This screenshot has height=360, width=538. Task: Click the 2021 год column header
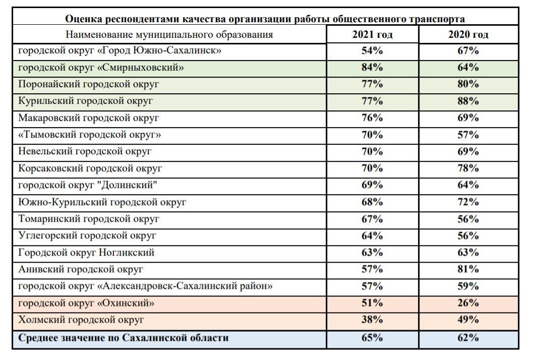click(x=372, y=35)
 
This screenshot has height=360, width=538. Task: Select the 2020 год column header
click(x=468, y=35)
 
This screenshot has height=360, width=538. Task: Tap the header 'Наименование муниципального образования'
click(x=169, y=35)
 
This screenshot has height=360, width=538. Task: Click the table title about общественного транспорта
click(x=265, y=19)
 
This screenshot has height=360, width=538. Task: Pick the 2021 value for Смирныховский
click(x=372, y=67)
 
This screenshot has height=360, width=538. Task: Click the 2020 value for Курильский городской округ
click(x=468, y=101)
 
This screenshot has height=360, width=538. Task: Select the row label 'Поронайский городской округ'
click(x=89, y=84)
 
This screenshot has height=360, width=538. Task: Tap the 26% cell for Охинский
click(x=468, y=303)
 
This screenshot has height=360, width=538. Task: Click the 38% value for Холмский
click(x=372, y=320)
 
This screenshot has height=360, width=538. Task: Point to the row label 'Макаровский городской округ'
click(x=89, y=118)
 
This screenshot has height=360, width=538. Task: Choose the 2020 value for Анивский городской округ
click(x=468, y=269)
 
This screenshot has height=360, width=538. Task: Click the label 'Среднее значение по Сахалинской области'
click(x=123, y=338)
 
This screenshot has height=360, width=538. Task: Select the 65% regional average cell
click(x=372, y=338)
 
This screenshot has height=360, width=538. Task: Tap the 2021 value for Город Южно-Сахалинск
click(x=372, y=50)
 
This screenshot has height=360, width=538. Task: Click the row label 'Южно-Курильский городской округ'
click(x=102, y=202)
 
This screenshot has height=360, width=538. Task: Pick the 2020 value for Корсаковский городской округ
click(x=468, y=168)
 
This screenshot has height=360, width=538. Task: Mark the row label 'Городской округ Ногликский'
click(x=86, y=253)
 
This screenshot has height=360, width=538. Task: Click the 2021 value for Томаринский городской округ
click(x=372, y=219)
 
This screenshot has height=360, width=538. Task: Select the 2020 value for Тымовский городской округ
click(x=468, y=135)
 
